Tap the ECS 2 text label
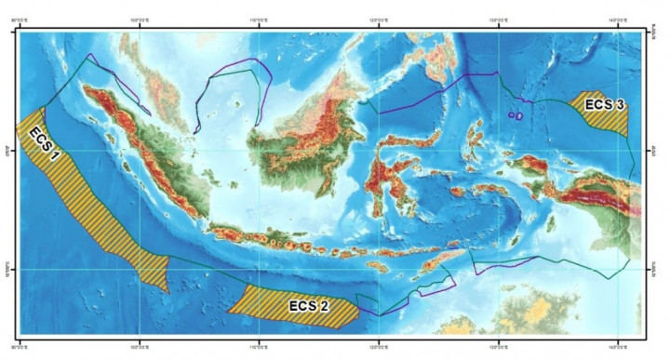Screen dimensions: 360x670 tap(306, 305)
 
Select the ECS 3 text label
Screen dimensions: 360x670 tap(604, 105)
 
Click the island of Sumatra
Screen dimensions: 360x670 tap(140, 153)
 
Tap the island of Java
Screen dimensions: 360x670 tap(270, 240)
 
